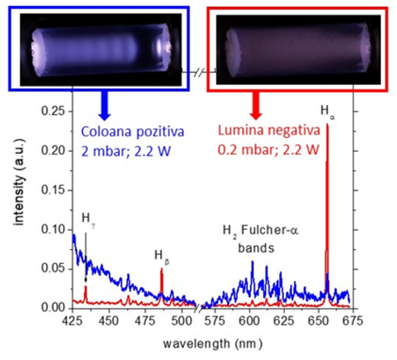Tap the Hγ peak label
click(87, 218)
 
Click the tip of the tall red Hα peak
click(327, 125)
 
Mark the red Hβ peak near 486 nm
click(161, 270)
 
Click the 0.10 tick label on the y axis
click(56, 229)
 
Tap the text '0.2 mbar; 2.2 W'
click(270, 150)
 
